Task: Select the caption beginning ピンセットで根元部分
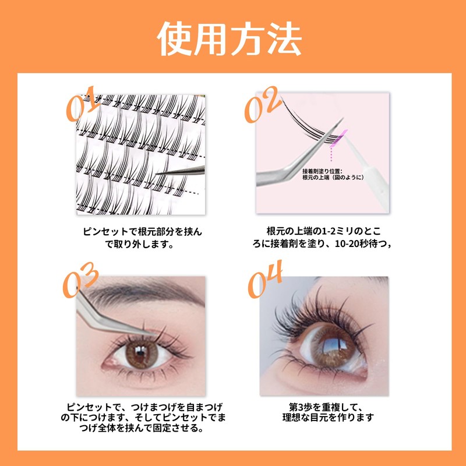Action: click(142, 232)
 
